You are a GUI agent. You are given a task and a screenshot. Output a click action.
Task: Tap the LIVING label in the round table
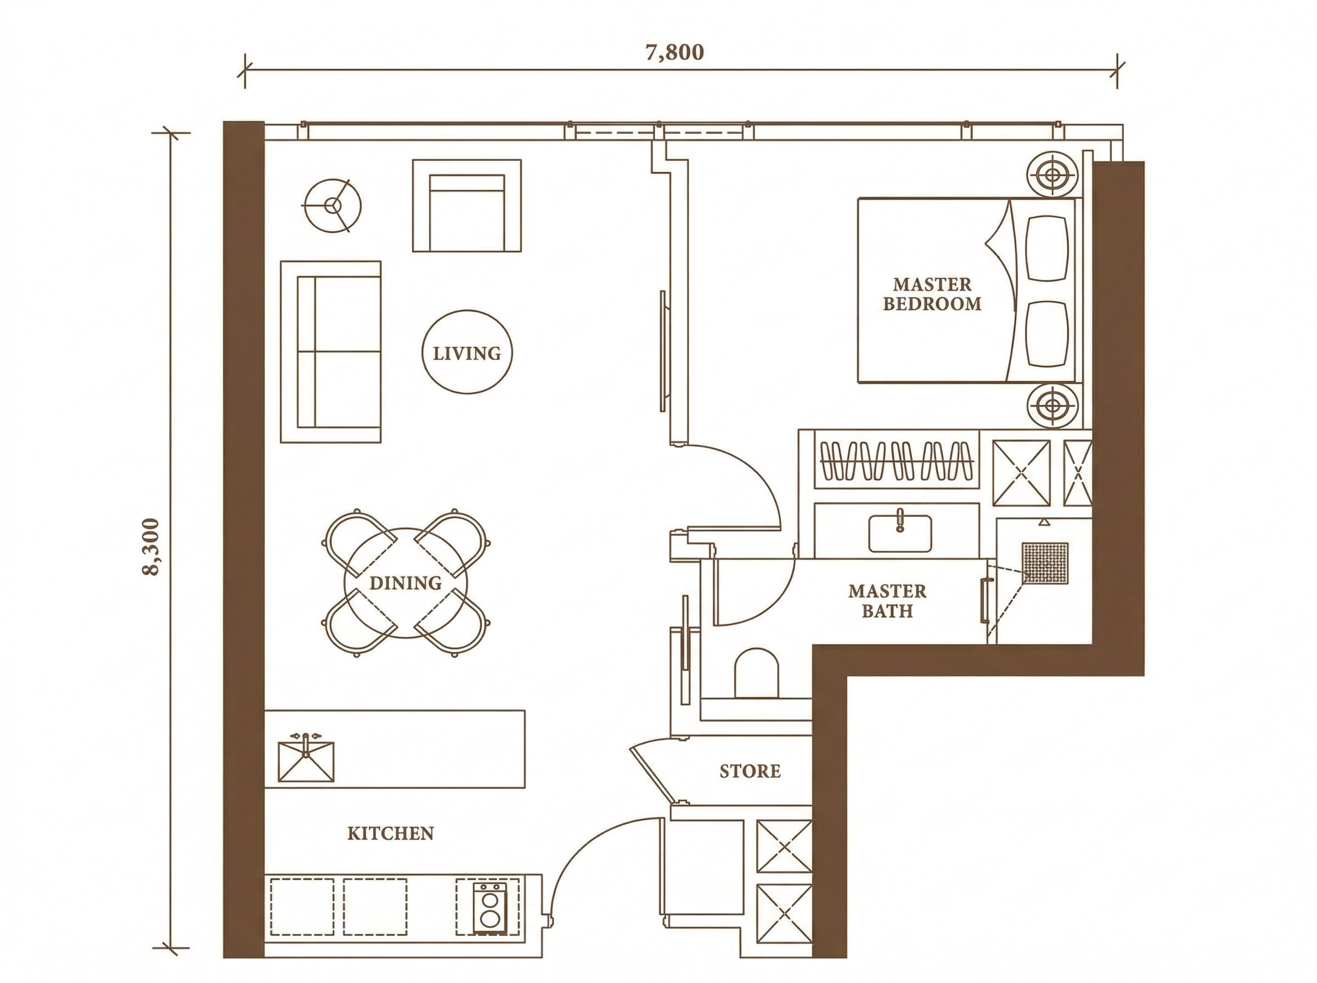click(x=466, y=353)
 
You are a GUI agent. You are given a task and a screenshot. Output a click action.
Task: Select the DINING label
click(x=406, y=583)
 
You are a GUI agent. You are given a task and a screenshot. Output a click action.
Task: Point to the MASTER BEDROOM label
click(x=932, y=294)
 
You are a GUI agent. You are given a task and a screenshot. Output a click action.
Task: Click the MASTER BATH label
click(x=887, y=601)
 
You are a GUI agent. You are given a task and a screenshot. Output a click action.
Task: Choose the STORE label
click(x=750, y=771)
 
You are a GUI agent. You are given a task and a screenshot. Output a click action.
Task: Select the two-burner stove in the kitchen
click(x=490, y=908)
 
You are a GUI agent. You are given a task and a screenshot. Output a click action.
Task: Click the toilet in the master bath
click(x=756, y=673)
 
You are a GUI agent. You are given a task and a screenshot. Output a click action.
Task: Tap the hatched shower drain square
click(x=1045, y=563)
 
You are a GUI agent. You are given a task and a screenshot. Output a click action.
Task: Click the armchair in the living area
click(x=466, y=205)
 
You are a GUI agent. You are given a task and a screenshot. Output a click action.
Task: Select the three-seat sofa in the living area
click(x=330, y=352)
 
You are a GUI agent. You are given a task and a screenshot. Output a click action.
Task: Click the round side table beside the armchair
click(x=333, y=206)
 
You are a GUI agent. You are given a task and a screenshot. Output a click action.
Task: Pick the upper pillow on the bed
click(x=1048, y=247)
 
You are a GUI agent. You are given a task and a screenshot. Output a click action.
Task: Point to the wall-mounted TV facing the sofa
click(x=663, y=351)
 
